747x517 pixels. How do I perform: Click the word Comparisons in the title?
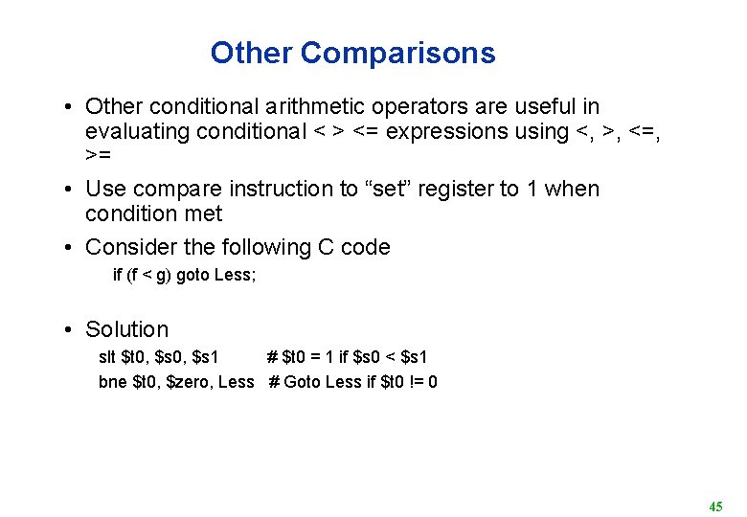398,53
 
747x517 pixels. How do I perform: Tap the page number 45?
715,506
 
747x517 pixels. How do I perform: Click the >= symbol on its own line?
98,154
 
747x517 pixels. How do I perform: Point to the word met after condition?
202,214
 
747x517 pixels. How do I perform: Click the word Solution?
126,329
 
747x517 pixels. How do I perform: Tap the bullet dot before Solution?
71,330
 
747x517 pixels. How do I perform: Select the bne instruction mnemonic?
113,382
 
